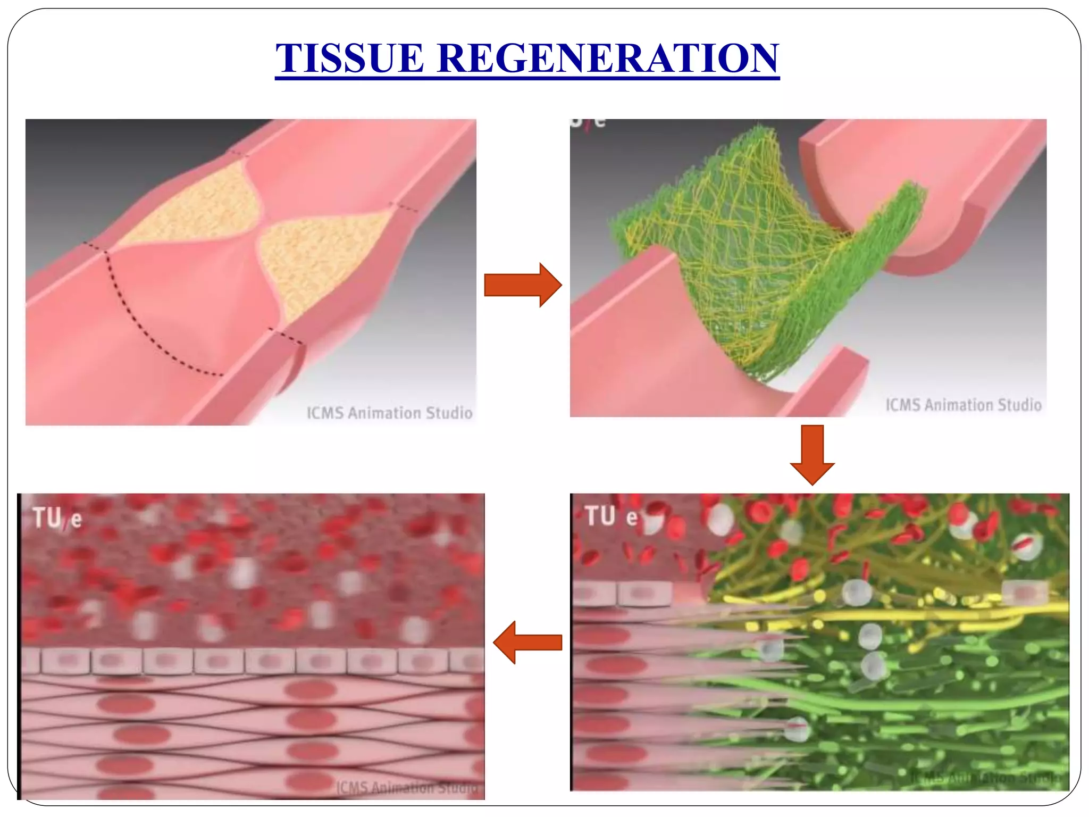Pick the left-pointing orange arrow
click(527, 643)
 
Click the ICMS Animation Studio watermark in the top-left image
click(389, 413)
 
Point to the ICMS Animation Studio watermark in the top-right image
click(963, 405)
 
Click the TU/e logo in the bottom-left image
click(57, 518)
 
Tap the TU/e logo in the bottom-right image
click(610, 516)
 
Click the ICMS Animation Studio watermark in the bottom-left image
click(407, 787)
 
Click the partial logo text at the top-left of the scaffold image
click(588, 122)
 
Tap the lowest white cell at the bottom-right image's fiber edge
click(796, 731)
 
